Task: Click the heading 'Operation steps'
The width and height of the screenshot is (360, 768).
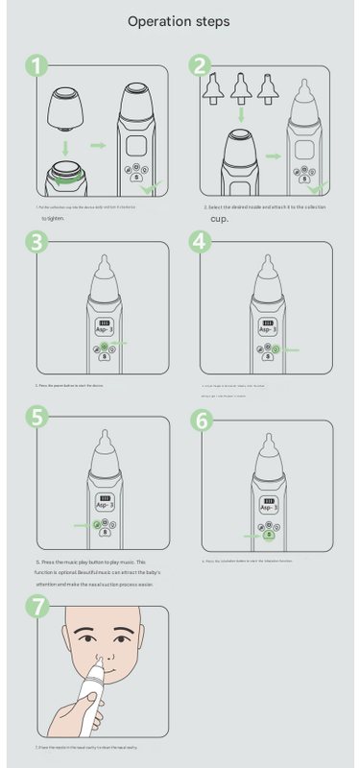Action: pos(180,20)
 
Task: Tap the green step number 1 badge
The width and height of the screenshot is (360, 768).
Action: pos(36,67)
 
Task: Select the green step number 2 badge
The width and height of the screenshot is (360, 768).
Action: pos(201,67)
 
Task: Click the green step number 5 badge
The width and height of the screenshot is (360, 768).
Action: pos(36,418)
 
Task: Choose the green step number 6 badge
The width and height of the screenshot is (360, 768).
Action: pos(201,420)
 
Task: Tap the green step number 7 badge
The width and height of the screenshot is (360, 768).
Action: pos(36,607)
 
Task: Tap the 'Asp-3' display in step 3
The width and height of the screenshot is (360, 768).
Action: pos(106,327)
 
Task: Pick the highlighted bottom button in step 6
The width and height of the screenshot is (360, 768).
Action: pos(270,536)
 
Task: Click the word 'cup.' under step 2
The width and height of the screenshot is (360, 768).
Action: pos(218,218)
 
